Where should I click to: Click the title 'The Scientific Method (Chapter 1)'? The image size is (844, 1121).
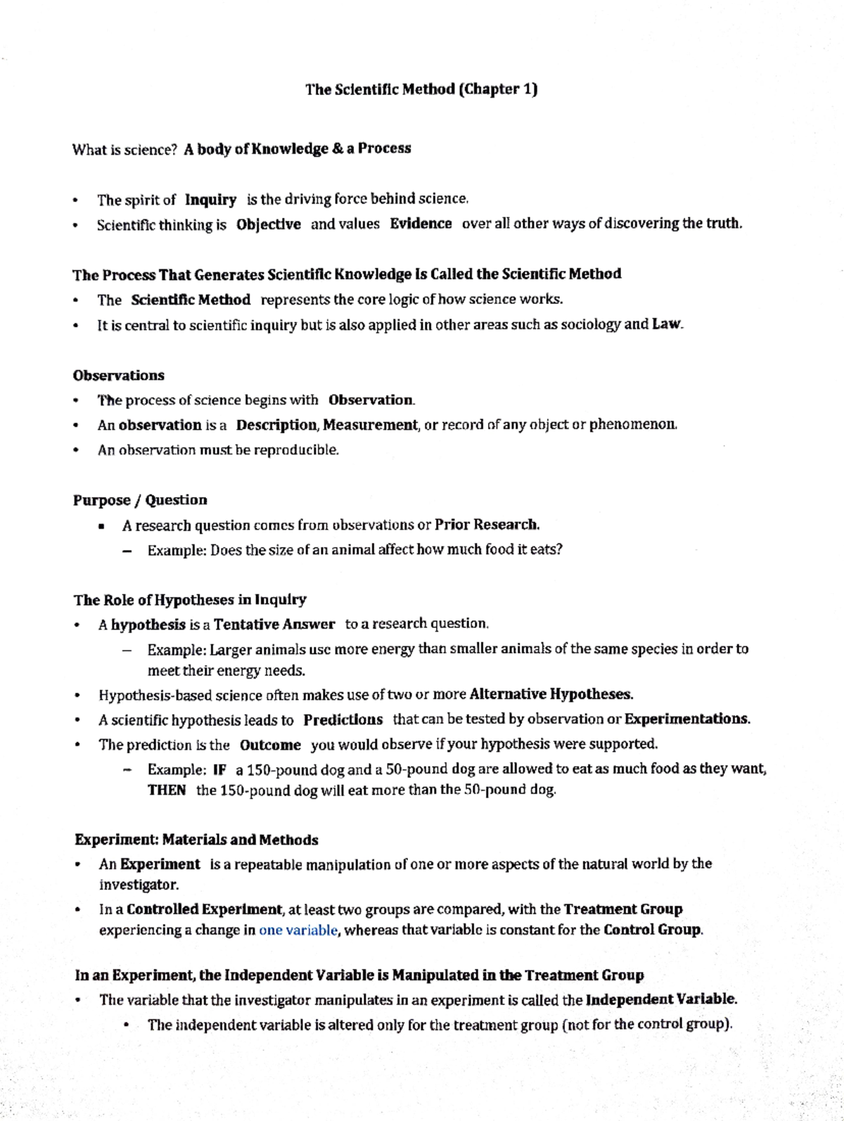pos(421,89)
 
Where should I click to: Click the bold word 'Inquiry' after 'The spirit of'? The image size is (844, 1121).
pos(210,200)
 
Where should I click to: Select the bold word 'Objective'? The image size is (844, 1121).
pos(268,224)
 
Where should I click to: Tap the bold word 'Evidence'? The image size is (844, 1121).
pos(421,224)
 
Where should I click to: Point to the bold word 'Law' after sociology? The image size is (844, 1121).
pos(666,324)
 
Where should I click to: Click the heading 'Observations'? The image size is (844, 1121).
pos(118,375)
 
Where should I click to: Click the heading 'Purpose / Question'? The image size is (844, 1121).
pos(140,500)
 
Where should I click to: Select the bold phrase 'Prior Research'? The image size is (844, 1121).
pos(486,525)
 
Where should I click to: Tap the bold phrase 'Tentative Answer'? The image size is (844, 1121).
pos(274,624)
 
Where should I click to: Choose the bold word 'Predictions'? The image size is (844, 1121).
pos(343,719)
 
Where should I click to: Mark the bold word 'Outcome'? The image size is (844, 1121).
pos(270,745)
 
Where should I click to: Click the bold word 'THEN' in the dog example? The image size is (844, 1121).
pos(167,790)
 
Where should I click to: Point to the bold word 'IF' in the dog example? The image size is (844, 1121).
pos(219,769)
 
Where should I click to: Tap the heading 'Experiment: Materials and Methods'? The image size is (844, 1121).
pos(196,840)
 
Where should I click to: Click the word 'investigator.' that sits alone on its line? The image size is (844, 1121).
pos(139,884)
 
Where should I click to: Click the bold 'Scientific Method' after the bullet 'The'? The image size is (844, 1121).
pos(191,300)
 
